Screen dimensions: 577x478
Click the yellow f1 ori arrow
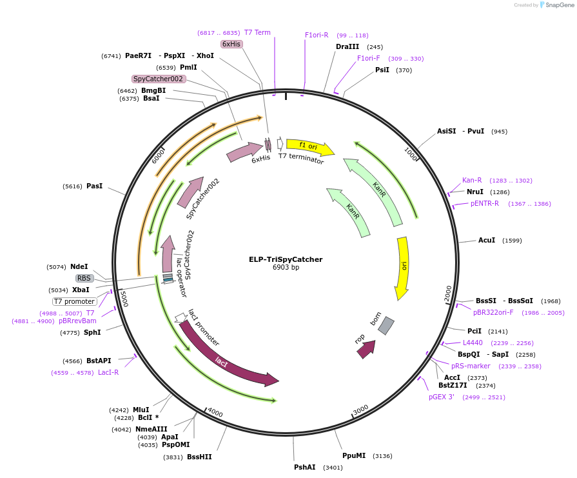pyautogui.click(x=310, y=146)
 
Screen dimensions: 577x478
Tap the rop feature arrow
pyautogui.click(x=367, y=349)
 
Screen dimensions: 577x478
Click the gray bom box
pyautogui.click(x=386, y=326)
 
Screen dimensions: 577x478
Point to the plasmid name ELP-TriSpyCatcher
pyautogui.click(x=286, y=259)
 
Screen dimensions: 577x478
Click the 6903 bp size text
pyautogui.click(x=286, y=267)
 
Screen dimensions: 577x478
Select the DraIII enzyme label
pyautogui.click(x=347, y=47)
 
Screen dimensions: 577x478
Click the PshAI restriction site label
pyautogui.click(x=305, y=467)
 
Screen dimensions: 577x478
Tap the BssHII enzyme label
pyautogui.click(x=199, y=457)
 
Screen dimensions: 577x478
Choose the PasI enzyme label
pyautogui.click(x=95, y=186)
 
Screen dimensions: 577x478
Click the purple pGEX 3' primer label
pyautogui.click(x=442, y=397)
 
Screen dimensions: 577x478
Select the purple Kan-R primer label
pyautogui.click(x=472, y=180)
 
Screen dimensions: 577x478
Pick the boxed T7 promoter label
pyautogui.click(x=75, y=302)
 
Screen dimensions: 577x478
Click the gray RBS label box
pyautogui.click(x=84, y=279)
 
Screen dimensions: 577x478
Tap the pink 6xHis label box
pyautogui.click(x=231, y=45)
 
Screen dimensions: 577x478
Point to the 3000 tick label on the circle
pyautogui.click(x=360, y=410)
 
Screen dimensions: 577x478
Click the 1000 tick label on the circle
pyautogui.click(x=411, y=154)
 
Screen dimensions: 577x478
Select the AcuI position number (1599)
pyautogui.click(x=512, y=241)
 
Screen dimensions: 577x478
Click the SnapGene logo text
pyautogui.click(x=560, y=5)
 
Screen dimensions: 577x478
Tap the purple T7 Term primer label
pyautogui.click(x=257, y=32)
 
